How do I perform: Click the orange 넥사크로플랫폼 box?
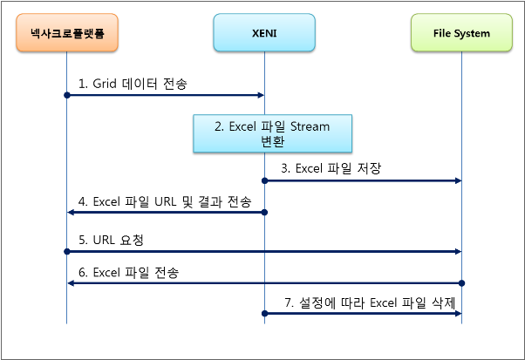[x=66, y=33]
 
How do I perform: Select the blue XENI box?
[x=263, y=33]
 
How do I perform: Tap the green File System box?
[x=461, y=33]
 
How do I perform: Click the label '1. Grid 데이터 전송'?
[x=133, y=84]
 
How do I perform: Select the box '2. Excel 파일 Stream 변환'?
[x=274, y=134]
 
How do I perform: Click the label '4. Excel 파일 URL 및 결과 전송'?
[x=165, y=203]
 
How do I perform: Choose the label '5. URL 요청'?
[x=110, y=237]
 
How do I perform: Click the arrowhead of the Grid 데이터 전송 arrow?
[x=259, y=94]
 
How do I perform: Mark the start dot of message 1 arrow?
[x=66, y=94]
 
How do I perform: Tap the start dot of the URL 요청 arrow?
[x=66, y=250]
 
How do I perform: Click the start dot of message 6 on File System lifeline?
[x=461, y=283]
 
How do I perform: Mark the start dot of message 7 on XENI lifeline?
[x=263, y=313]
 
